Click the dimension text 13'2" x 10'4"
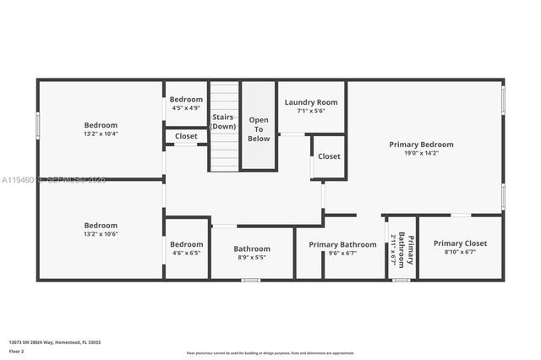(x=101, y=134)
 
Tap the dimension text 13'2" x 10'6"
(x=101, y=234)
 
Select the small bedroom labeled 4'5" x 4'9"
(x=186, y=103)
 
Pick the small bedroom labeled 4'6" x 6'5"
(x=186, y=248)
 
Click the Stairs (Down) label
(x=223, y=122)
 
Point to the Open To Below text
(x=259, y=129)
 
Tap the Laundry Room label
(x=311, y=101)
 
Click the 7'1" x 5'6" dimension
(x=311, y=111)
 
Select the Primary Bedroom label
(x=421, y=145)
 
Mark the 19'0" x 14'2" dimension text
(x=421, y=154)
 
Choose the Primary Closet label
(x=460, y=243)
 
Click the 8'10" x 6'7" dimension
(x=460, y=252)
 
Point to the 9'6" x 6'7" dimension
(x=342, y=253)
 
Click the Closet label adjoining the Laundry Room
(x=329, y=156)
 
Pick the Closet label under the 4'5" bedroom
(x=186, y=136)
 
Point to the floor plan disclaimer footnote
(x=270, y=352)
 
